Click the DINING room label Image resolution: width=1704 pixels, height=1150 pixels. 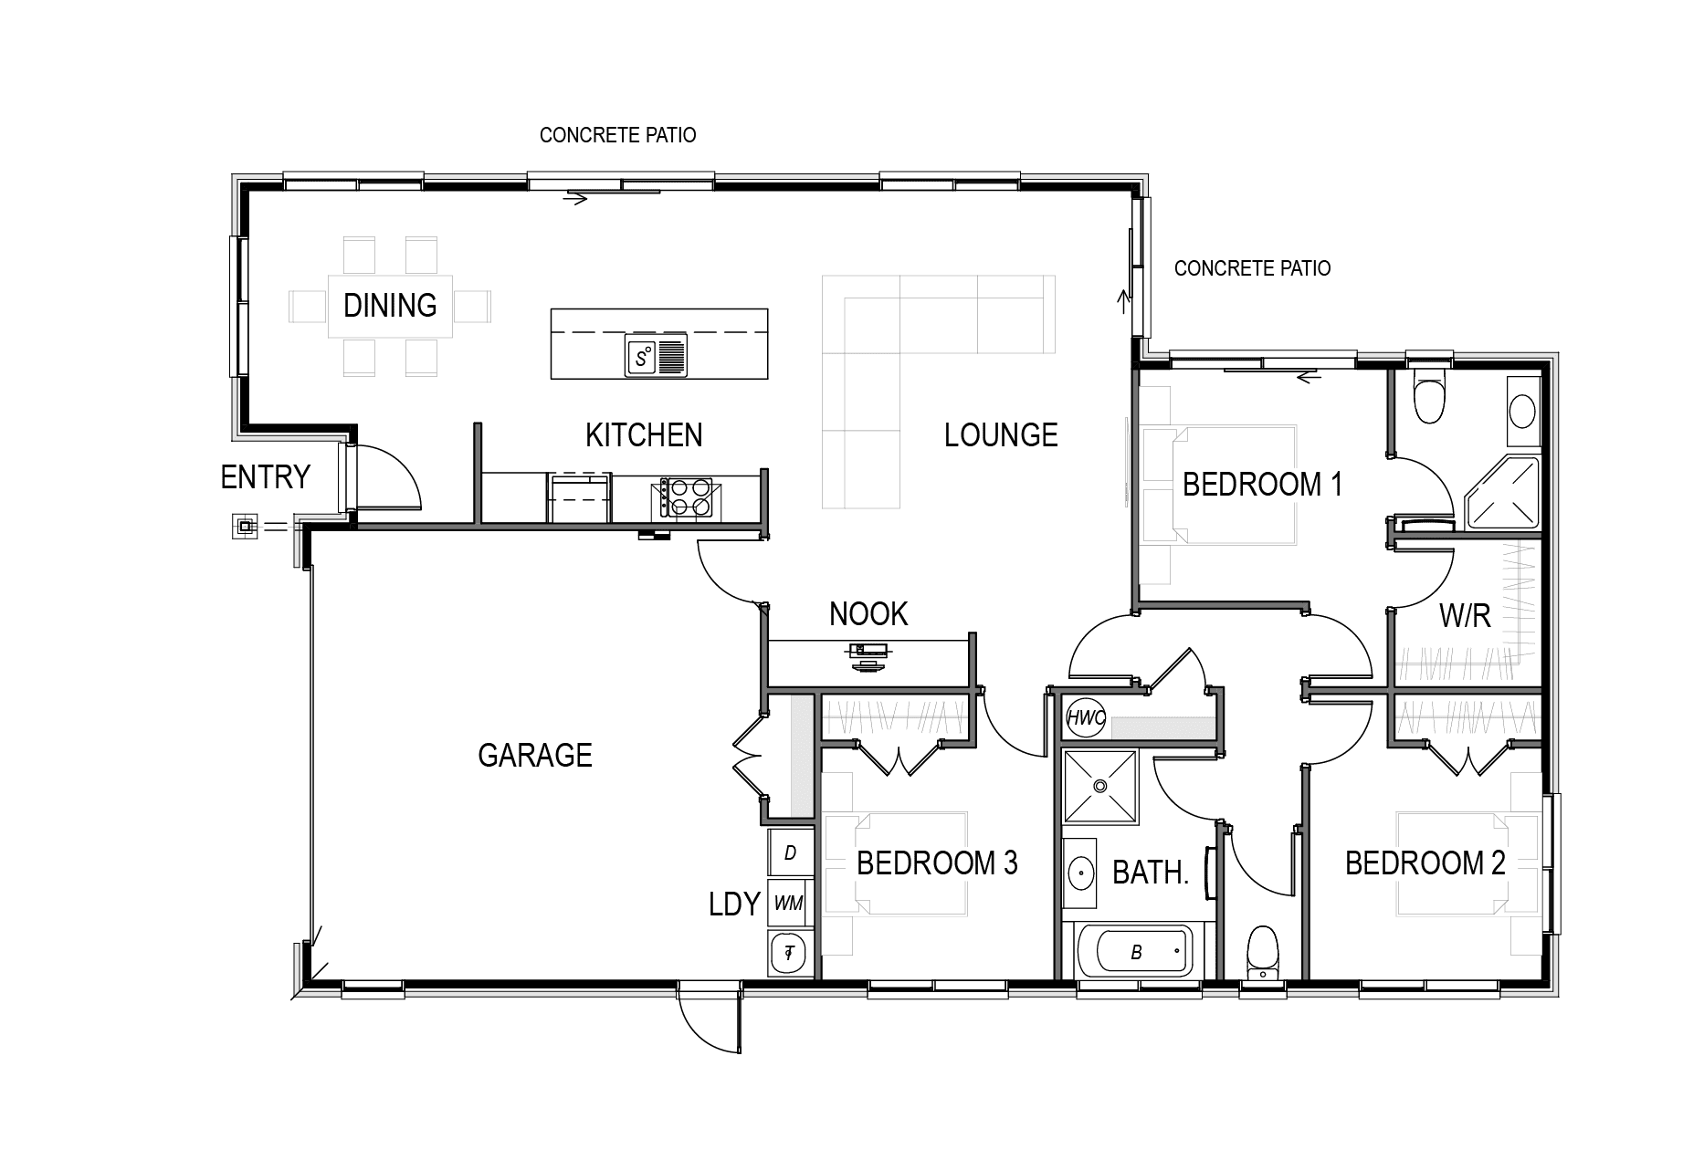click(390, 305)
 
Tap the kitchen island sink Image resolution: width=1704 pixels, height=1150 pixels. click(656, 355)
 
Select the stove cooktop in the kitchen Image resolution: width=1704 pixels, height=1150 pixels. click(686, 498)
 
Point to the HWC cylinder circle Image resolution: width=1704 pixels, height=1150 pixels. click(1086, 718)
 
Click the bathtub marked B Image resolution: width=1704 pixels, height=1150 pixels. click(1138, 952)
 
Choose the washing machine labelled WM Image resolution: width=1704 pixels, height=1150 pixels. click(789, 903)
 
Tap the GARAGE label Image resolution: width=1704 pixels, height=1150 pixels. click(535, 755)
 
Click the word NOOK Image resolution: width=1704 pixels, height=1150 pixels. click(868, 614)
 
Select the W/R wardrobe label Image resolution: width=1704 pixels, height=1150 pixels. click(1465, 616)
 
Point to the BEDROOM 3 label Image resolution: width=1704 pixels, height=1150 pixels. click(937, 862)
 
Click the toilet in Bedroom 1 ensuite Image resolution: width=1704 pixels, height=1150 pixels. click(1429, 392)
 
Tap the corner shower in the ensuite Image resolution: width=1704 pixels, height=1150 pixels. click(1501, 494)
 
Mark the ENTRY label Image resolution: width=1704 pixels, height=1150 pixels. click(266, 476)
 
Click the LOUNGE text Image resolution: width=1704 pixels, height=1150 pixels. click(1001, 434)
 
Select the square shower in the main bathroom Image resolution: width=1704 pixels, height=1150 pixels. click(1100, 787)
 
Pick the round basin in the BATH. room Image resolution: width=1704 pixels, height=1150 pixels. click(1080, 873)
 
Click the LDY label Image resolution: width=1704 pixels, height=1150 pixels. click(735, 904)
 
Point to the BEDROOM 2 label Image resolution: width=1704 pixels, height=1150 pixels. click(1425, 862)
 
